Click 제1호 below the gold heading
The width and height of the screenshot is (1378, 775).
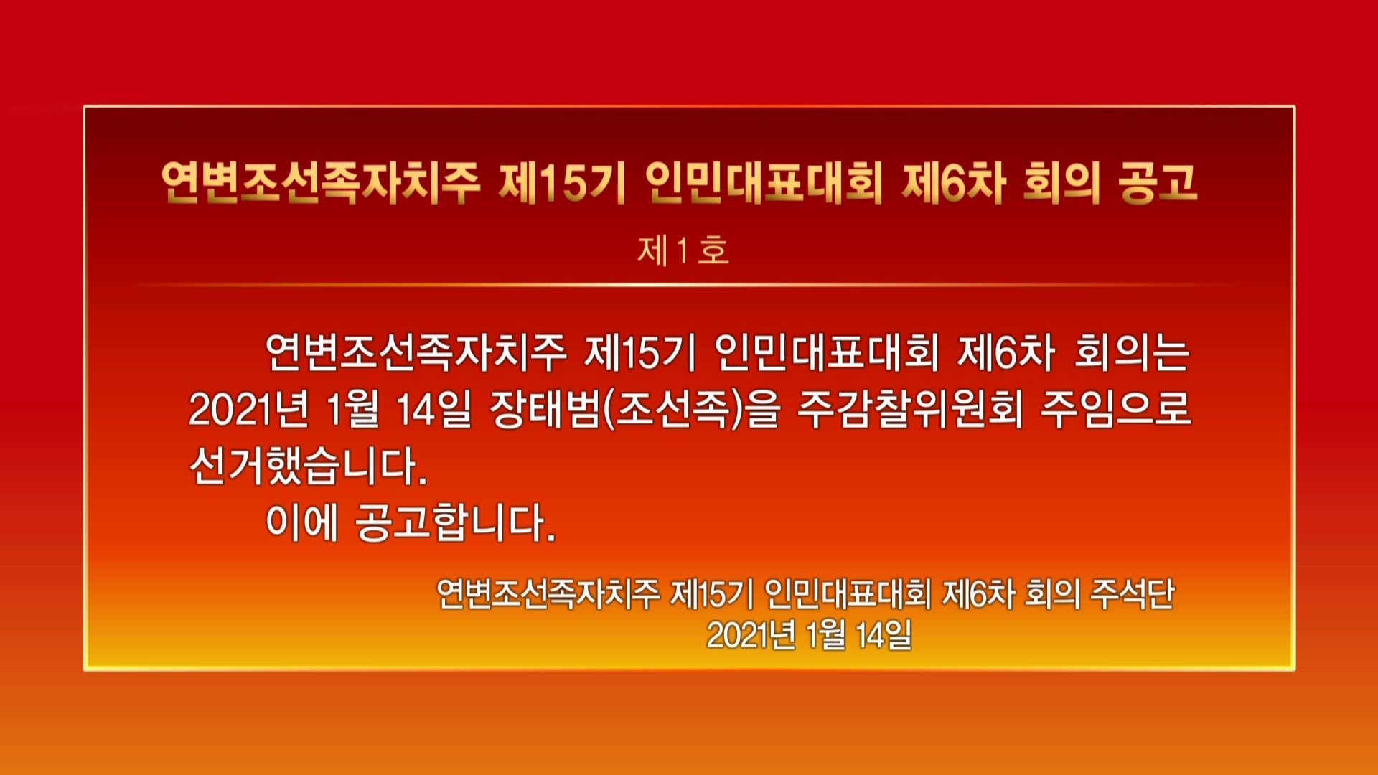(x=683, y=251)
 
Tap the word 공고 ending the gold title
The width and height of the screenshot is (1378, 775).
(x=1158, y=182)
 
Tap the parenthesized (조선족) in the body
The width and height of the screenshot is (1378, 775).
(x=671, y=410)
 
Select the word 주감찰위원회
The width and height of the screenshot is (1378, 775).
(x=910, y=410)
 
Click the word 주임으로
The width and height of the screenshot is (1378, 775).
(x=1116, y=410)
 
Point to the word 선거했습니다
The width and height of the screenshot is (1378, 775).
(x=309, y=466)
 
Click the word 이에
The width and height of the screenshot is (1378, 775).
(x=301, y=522)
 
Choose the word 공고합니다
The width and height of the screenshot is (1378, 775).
(x=456, y=522)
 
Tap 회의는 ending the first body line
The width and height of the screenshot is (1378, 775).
(x=1132, y=353)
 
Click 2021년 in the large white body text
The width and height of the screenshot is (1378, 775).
(x=248, y=410)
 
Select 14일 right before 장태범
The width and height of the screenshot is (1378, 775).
(x=433, y=410)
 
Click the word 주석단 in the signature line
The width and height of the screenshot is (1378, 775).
(x=1132, y=593)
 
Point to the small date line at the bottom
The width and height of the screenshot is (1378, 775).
(x=809, y=634)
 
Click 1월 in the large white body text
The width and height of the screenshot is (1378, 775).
(x=352, y=410)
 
